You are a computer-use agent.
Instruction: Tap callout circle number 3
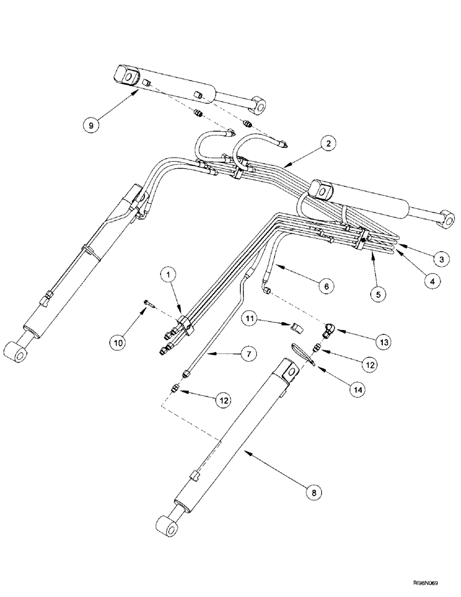tap(441, 259)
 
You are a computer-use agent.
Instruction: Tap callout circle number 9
tap(90, 125)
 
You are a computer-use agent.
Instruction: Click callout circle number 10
tap(118, 342)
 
